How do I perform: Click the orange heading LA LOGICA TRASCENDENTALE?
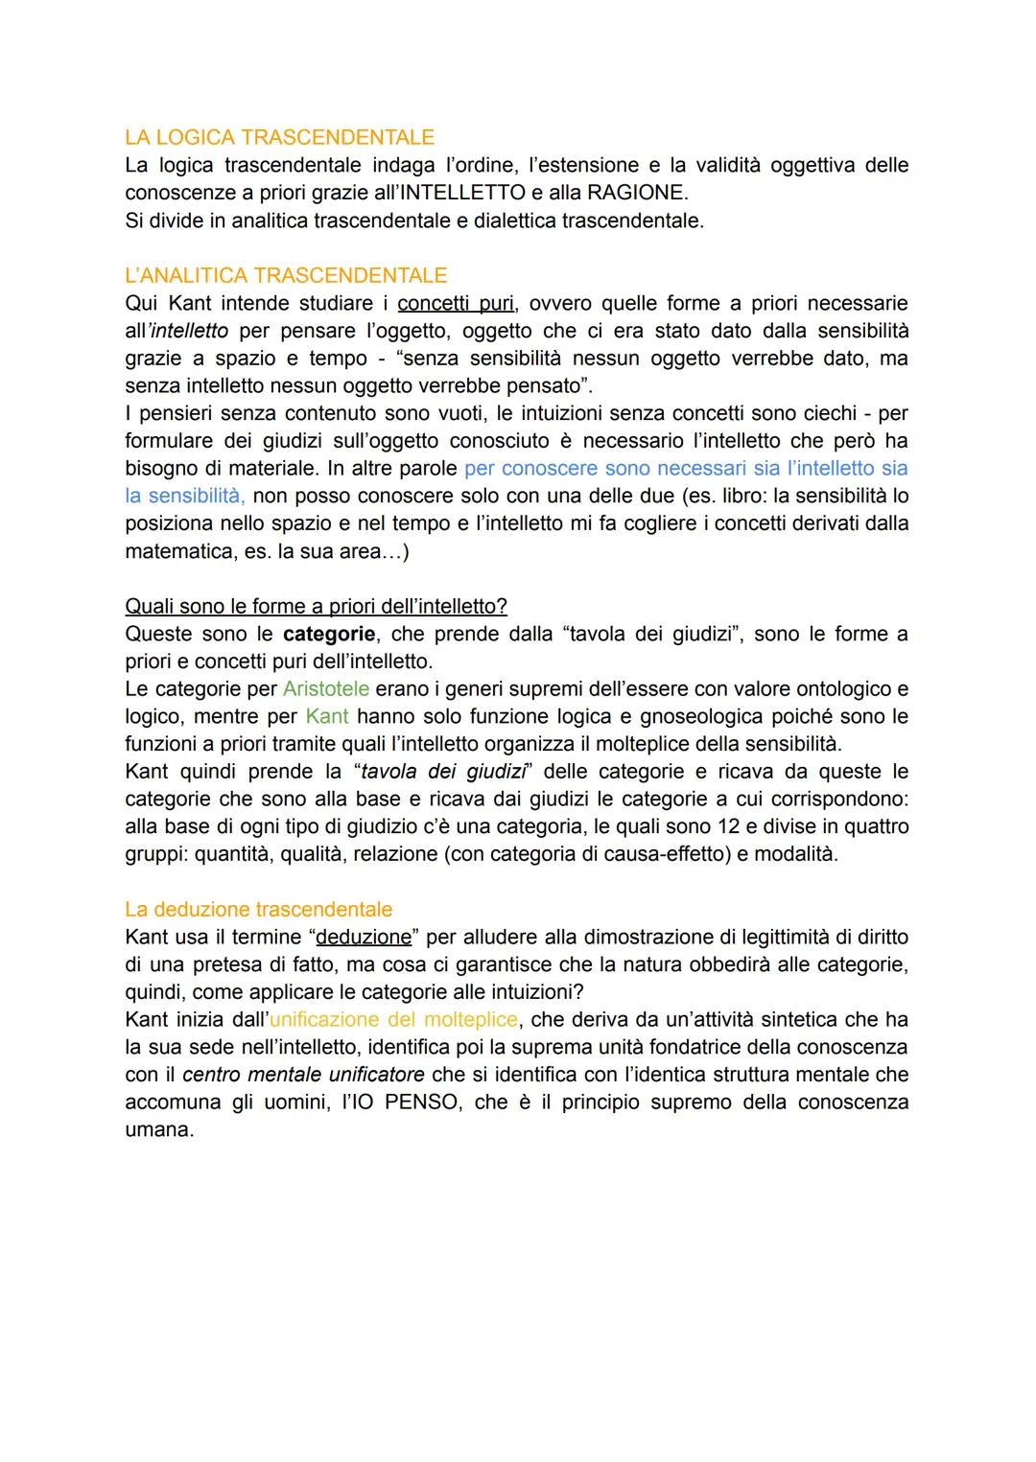pyautogui.click(x=279, y=137)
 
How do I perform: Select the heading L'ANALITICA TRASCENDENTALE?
pyautogui.click(x=286, y=275)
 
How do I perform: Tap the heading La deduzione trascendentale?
pyautogui.click(x=258, y=909)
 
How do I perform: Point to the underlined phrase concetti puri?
pyautogui.click(x=456, y=304)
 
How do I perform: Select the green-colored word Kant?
pyautogui.click(x=327, y=716)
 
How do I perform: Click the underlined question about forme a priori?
pyautogui.click(x=316, y=607)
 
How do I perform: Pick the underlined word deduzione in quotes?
pyautogui.click(x=364, y=937)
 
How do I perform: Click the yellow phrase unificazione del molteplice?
pyautogui.click(x=393, y=1019)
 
